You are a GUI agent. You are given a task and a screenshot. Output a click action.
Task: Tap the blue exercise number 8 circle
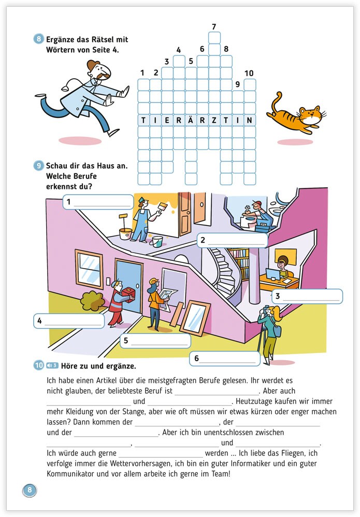pos(39,40)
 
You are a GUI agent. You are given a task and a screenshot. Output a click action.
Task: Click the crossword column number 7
pos(214,27)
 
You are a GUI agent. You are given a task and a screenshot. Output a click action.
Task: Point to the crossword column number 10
pos(249,73)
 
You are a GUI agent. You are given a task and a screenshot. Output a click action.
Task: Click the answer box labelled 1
pos(98,201)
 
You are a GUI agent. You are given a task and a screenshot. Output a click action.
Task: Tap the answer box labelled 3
pos(307,297)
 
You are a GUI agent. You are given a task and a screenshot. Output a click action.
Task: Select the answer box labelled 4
pos(69,321)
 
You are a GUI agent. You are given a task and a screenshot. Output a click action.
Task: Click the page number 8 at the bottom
pos(30,490)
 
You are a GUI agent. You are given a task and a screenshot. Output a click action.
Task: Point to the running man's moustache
pos(100,78)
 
